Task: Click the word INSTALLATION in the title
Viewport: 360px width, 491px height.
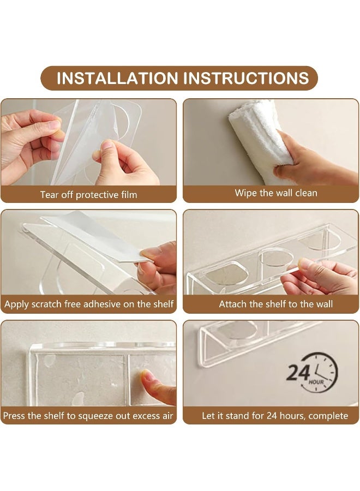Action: point(117,78)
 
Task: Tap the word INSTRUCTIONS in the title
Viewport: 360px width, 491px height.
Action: point(247,78)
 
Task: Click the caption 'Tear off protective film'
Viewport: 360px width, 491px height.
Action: point(88,195)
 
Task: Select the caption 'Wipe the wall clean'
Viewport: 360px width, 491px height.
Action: point(276,193)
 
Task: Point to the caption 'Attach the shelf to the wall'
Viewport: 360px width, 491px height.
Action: point(276,304)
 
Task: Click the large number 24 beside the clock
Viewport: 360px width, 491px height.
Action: point(298,373)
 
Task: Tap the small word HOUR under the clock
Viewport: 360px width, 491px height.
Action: point(316,382)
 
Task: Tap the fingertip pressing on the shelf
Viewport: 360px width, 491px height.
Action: point(147,375)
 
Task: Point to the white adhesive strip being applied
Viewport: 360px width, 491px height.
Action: point(94,237)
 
